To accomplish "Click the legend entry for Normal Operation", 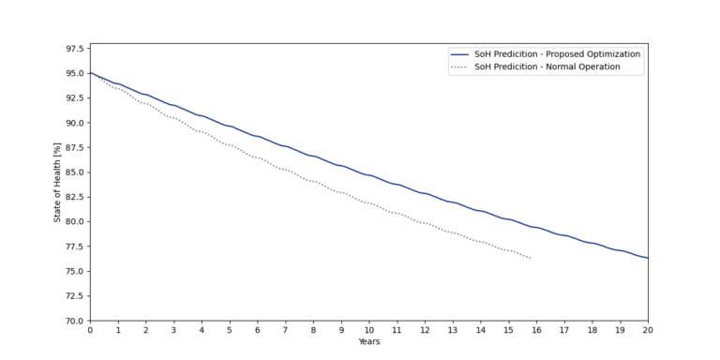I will pyautogui.click(x=546, y=67).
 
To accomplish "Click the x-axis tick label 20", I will pyautogui.click(x=647, y=330).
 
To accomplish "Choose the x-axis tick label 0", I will pyautogui.click(x=90, y=330).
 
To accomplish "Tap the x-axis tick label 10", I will pyautogui.click(x=368, y=330).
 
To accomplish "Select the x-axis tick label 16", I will pyautogui.click(x=536, y=330).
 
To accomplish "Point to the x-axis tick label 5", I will pyautogui.click(x=230, y=330).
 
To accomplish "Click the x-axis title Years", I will pyautogui.click(x=368, y=341).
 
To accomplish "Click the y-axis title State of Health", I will pyautogui.click(x=57, y=185).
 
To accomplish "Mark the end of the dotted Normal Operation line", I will pyautogui.click(x=531, y=258).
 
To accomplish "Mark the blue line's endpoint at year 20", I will pyautogui.click(x=647, y=258).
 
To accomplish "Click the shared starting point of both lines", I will pyautogui.click(x=90, y=73).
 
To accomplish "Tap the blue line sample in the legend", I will pyautogui.click(x=458, y=54).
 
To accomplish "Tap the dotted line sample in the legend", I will pyautogui.click(x=458, y=67).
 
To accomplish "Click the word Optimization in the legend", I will pyautogui.click(x=609, y=54).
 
